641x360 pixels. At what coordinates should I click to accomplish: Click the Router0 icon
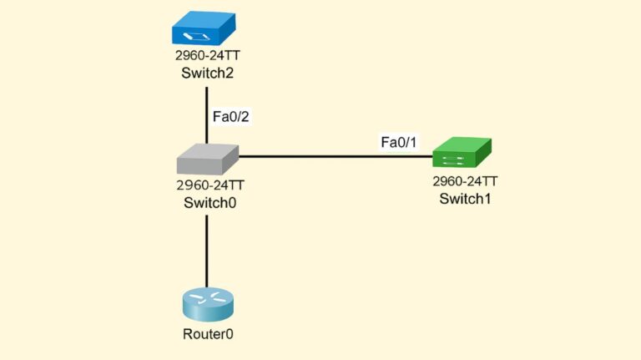[205, 304]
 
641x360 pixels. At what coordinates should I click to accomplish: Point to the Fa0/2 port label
[231, 117]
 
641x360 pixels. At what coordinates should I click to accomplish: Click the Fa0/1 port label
[398, 143]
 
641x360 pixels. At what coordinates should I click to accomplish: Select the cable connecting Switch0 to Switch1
[334, 155]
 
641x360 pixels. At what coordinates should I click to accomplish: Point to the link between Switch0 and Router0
[205, 251]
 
